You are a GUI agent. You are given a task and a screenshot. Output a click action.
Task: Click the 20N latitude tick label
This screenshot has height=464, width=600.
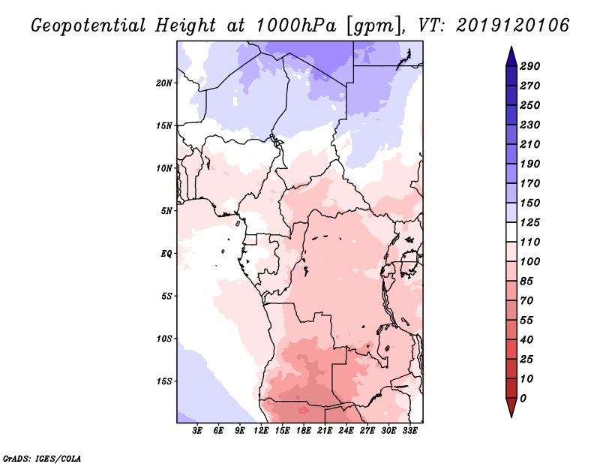[164, 83]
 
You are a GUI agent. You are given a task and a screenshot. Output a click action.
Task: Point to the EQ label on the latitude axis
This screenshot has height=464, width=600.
[166, 253]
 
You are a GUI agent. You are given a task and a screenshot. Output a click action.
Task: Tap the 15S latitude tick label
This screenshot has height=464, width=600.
[164, 381]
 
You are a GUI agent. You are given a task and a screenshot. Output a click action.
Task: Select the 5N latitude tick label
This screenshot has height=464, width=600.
[166, 210]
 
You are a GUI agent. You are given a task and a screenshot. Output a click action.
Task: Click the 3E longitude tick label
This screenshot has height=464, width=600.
[198, 431]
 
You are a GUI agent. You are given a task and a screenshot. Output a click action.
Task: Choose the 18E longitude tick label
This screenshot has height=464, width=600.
[304, 431]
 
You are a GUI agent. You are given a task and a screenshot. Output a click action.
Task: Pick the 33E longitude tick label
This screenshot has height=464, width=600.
[409, 431]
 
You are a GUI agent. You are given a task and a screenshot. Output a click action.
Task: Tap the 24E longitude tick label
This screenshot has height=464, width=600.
[346, 431]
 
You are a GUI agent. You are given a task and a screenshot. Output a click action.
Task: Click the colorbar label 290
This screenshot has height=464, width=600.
[530, 66]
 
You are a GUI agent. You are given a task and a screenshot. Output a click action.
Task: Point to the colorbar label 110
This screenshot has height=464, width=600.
[530, 242]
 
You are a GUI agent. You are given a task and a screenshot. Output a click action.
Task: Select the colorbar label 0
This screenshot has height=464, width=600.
[523, 398]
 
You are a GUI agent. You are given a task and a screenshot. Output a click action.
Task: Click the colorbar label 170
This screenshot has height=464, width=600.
[530, 183]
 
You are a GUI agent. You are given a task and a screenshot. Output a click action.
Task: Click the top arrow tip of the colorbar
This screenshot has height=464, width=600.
[510, 48]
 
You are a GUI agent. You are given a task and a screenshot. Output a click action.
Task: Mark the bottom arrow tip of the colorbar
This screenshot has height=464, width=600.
[510, 416]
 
